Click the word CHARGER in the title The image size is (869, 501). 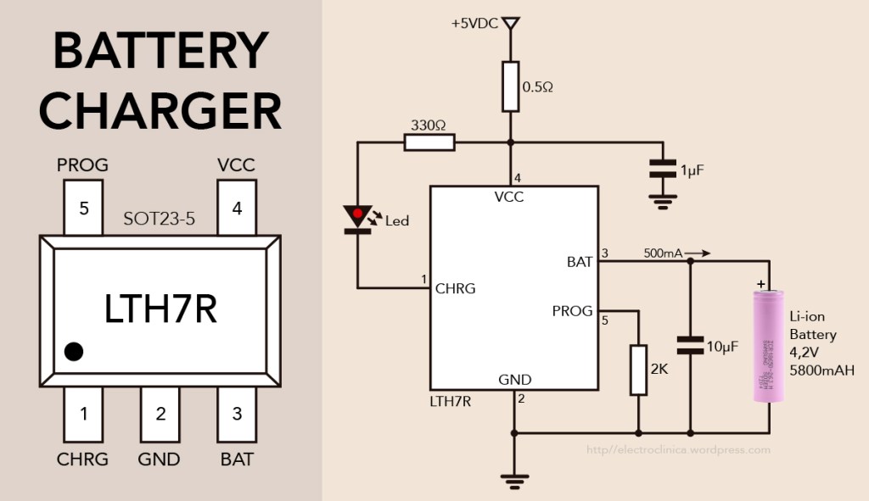click(160, 110)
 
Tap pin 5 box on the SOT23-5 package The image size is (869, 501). click(83, 209)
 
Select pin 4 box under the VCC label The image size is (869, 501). click(237, 209)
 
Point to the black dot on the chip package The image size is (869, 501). click(74, 351)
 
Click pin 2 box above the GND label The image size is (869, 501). click(160, 415)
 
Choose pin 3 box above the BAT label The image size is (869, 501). click(237, 415)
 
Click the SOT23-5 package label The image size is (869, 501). click(158, 219)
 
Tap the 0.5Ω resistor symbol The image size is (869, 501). click(510, 86)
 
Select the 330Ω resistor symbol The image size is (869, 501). click(429, 142)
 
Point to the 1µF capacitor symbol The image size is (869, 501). click(663, 168)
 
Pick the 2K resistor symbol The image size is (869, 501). click(638, 370)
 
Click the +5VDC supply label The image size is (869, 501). click(475, 24)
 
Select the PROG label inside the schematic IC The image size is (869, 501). click(572, 311)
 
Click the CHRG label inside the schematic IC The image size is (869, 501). click(456, 288)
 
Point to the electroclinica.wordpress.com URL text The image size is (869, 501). click(679, 450)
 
